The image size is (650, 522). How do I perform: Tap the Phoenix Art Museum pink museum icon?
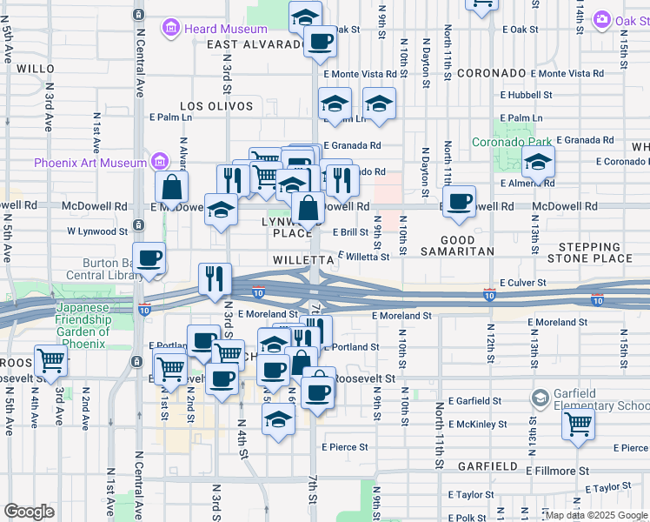(x=158, y=163)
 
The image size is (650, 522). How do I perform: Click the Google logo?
(x=29, y=512)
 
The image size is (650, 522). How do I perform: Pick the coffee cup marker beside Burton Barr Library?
(x=150, y=258)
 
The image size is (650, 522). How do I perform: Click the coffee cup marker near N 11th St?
(x=459, y=202)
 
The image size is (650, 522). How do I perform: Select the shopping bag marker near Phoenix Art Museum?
(x=173, y=185)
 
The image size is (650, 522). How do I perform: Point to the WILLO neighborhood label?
(x=36, y=68)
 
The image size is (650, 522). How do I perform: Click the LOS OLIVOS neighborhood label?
(x=216, y=106)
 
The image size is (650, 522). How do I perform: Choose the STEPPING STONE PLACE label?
(x=595, y=252)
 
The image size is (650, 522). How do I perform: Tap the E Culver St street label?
(x=523, y=283)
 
